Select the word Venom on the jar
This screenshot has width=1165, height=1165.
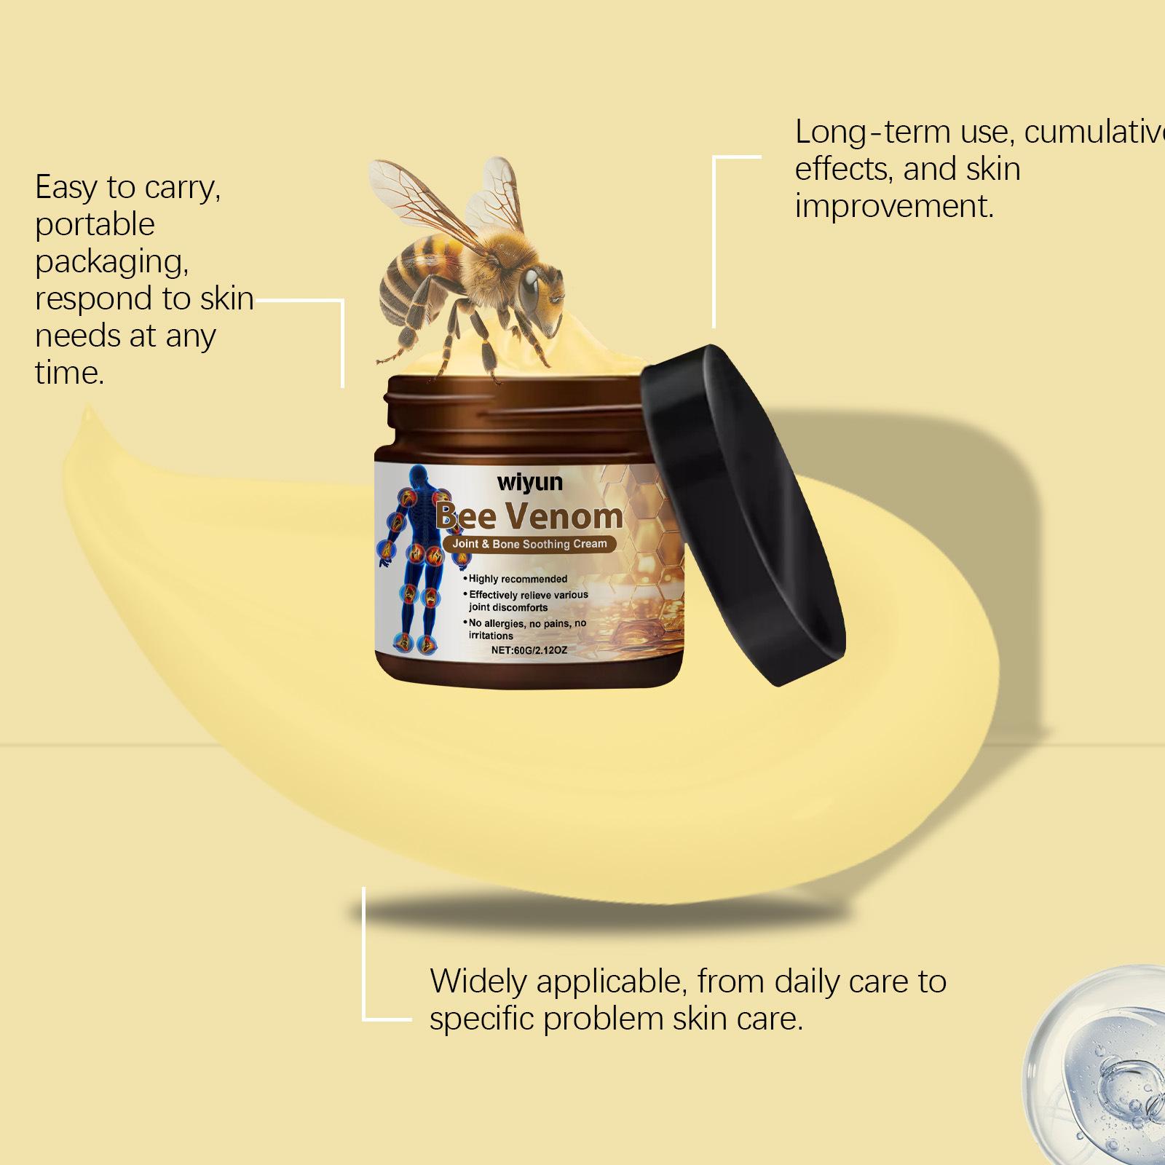564,516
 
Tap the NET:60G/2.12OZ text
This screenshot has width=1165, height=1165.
529,649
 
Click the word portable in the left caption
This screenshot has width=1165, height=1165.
95,225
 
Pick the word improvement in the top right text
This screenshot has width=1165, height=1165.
894,207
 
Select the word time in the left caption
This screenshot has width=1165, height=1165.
69,373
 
